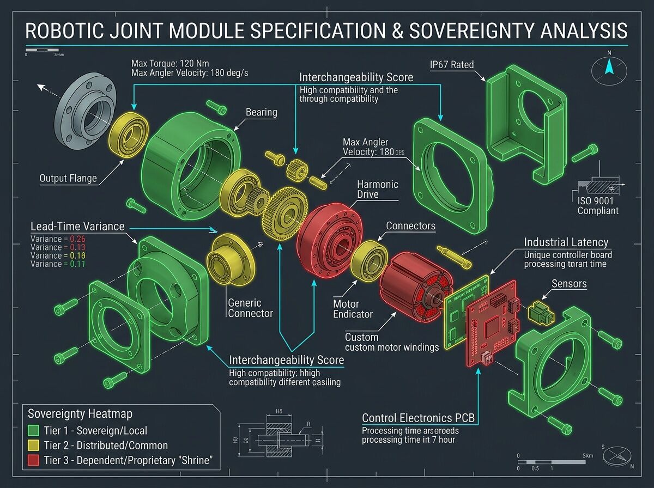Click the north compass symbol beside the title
point(609,68)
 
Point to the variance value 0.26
point(74,239)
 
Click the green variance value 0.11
point(74,264)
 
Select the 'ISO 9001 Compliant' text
point(598,205)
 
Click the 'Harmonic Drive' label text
point(378,189)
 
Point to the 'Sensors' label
point(570,284)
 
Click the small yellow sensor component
point(540,311)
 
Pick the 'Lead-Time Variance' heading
point(77,226)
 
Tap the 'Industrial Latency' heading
point(566,242)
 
